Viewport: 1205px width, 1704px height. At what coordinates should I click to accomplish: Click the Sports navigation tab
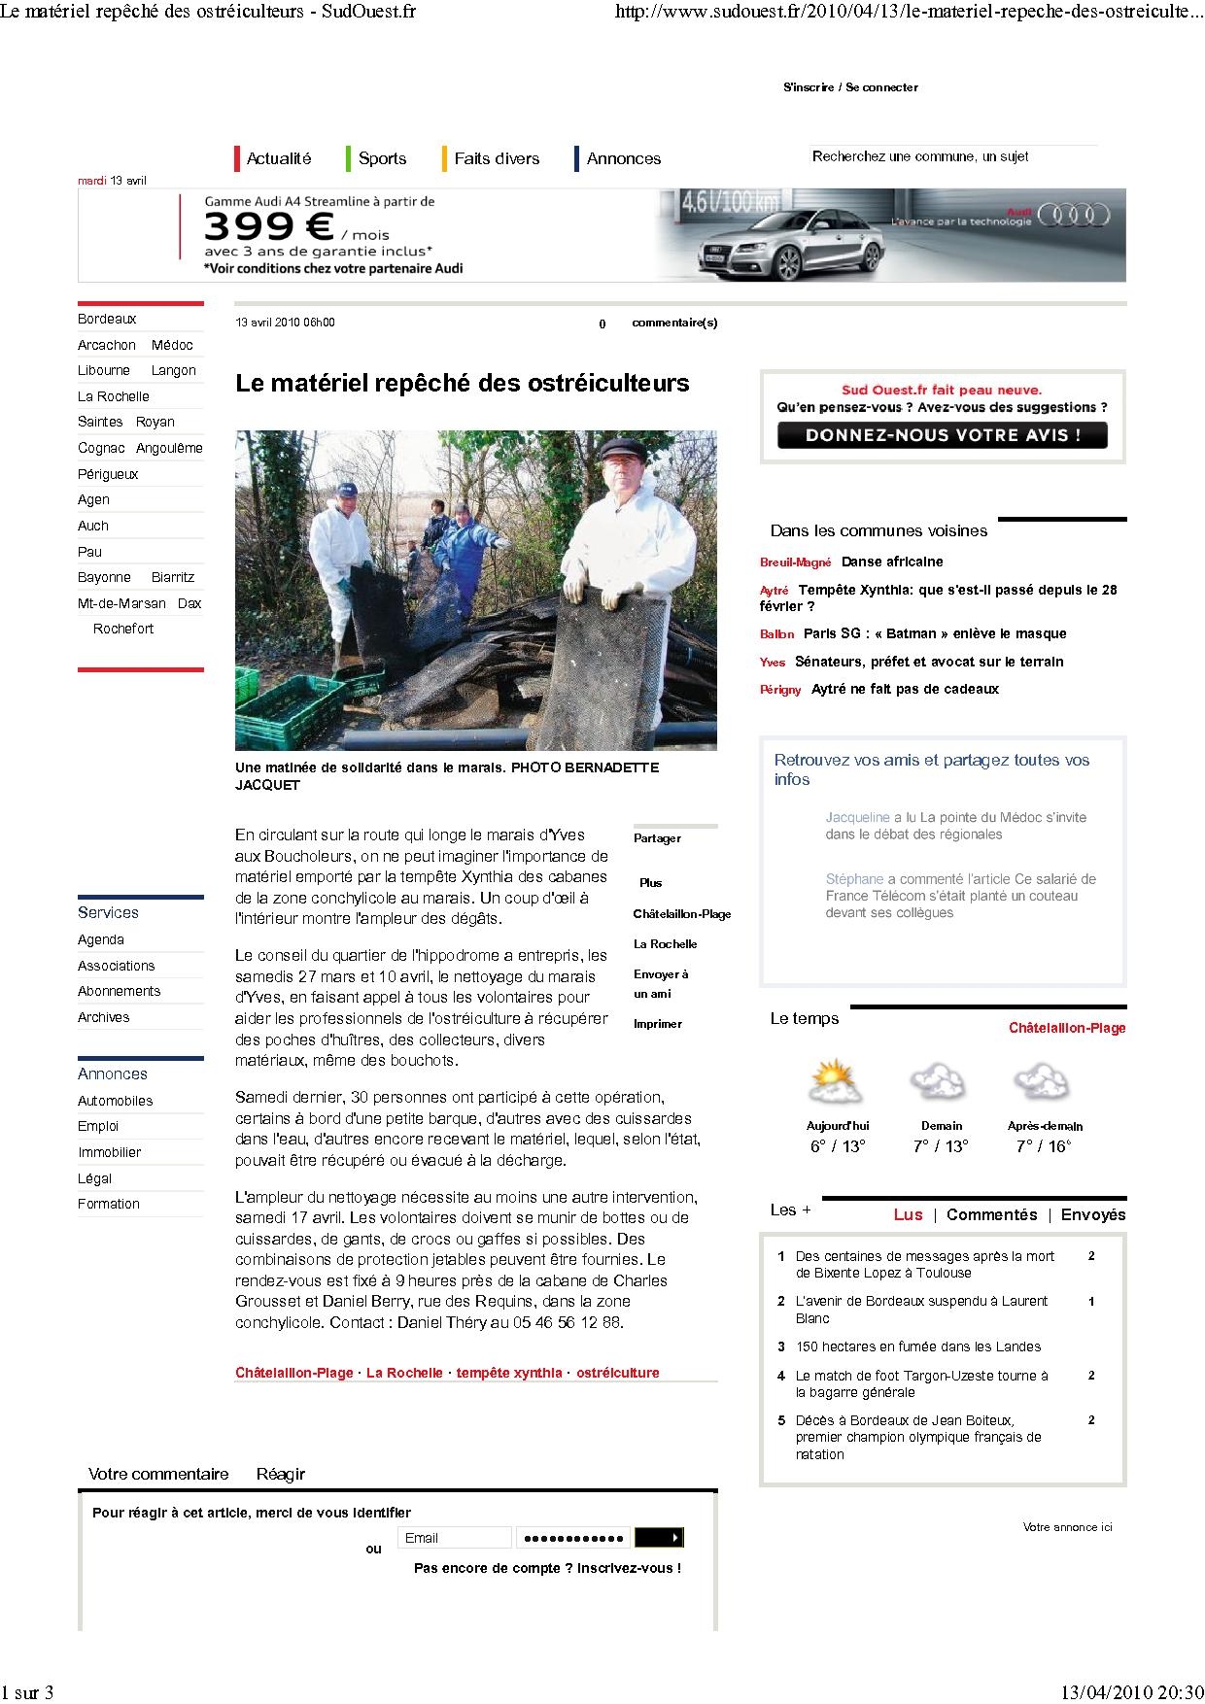pyautogui.click(x=382, y=158)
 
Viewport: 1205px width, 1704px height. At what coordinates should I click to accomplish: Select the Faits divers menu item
pyautogui.click(x=496, y=158)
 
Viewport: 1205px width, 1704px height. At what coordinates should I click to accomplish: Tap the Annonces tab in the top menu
pyautogui.click(x=623, y=158)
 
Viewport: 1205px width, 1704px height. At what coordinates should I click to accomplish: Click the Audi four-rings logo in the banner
pyautogui.click(x=1073, y=215)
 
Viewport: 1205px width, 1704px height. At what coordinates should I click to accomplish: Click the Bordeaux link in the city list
pyautogui.click(x=107, y=319)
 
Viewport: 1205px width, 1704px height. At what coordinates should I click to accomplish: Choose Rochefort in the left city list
pyautogui.click(x=123, y=629)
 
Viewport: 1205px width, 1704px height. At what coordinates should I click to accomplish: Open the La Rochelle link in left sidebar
pyautogui.click(x=114, y=396)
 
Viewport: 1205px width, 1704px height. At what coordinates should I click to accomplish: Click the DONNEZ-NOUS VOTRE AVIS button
pyautogui.click(x=942, y=435)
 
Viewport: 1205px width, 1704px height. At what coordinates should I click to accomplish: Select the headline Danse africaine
pyautogui.click(x=892, y=562)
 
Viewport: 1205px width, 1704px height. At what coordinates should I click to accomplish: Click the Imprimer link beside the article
pyautogui.click(x=658, y=1024)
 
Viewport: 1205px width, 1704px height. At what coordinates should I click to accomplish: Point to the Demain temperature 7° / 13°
pyautogui.click(x=941, y=1146)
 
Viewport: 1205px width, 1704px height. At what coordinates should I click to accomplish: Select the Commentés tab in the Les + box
pyautogui.click(x=991, y=1214)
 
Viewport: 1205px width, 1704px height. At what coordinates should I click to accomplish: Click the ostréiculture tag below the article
pyautogui.click(x=617, y=1373)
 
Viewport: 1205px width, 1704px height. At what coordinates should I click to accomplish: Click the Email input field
pyautogui.click(x=454, y=1538)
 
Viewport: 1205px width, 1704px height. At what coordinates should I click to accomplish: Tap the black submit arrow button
pyautogui.click(x=659, y=1538)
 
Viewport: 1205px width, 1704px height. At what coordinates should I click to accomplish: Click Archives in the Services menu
pyautogui.click(x=104, y=1017)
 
